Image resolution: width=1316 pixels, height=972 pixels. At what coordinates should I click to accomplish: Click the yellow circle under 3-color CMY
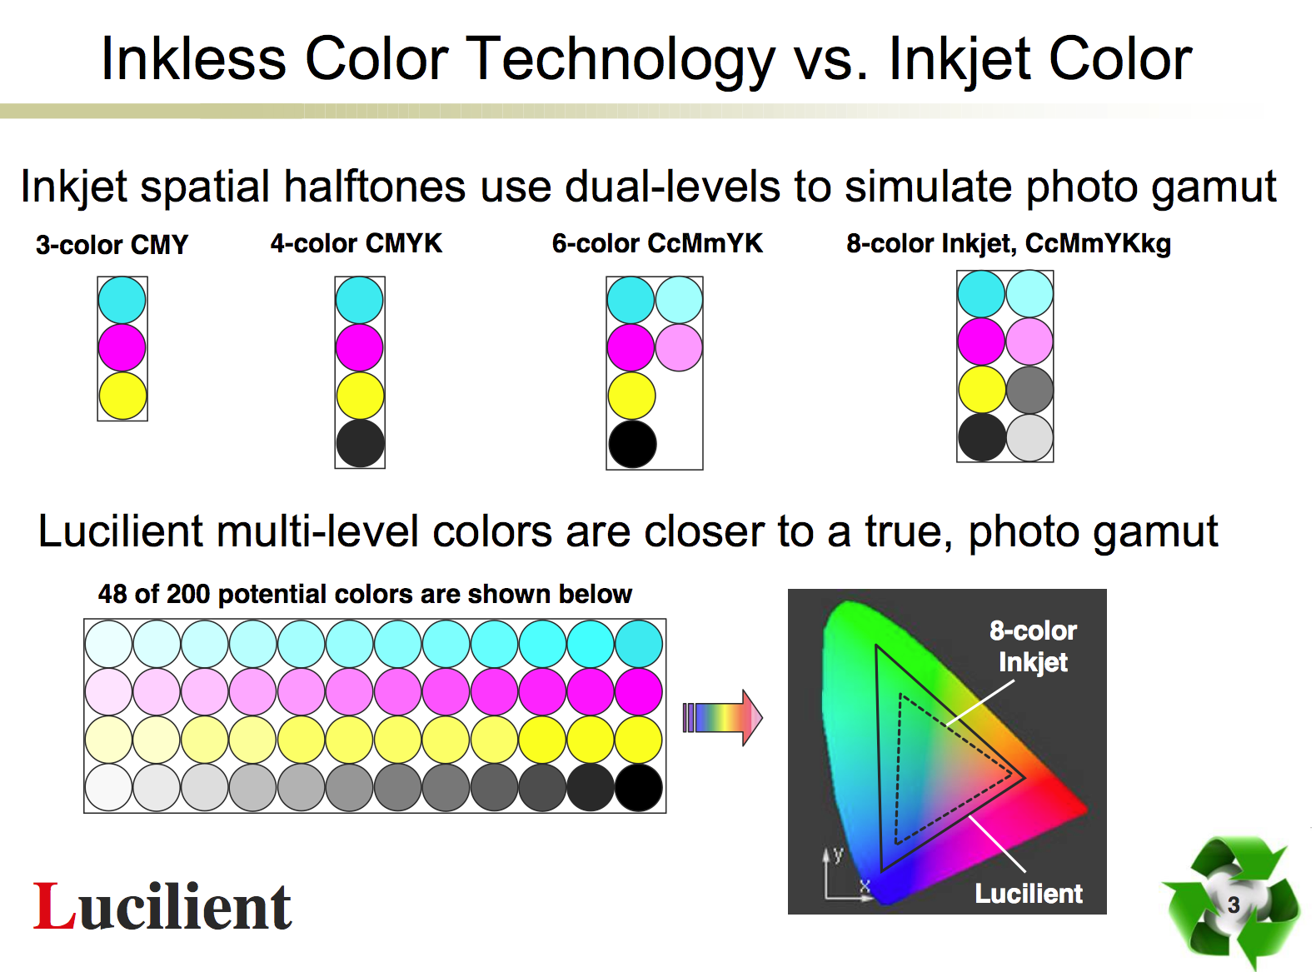pyautogui.click(x=122, y=395)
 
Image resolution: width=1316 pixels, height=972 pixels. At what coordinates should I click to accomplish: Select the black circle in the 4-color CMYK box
pyautogui.click(x=360, y=443)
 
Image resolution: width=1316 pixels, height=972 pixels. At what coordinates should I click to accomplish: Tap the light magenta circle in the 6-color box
pyautogui.click(x=679, y=347)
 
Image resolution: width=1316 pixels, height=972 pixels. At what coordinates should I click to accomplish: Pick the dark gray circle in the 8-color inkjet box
pyautogui.click(x=1029, y=389)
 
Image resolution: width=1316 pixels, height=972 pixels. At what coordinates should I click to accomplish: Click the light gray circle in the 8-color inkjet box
pyautogui.click(x=1029, y=437)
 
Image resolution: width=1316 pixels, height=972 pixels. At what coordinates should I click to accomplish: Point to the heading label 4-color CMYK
pyautogui.click(x=356, y=243)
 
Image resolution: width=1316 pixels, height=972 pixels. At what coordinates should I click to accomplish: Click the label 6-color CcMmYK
pyautogui.click(x=657, y=243)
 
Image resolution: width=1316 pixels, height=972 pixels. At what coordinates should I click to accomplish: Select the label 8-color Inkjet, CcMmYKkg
pyautogui.click(x=1008, y=244)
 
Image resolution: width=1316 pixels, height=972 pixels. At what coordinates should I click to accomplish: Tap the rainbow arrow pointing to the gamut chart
pyautogui.click(x=722, y=717)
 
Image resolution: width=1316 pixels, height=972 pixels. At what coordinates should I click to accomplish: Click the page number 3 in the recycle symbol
pyautogui.click(x=1233, y=905)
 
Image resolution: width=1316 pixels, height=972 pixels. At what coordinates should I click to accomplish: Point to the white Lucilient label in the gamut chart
pyautogui.click(x=1029, y=893)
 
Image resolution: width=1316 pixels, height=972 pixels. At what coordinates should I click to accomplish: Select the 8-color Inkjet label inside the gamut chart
pyautogui.click(x=1032, y=646)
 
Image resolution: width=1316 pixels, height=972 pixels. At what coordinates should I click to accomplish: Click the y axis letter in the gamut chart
pyautogui.click(x=838, y=855)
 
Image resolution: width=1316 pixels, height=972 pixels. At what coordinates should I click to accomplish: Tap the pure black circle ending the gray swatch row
pyautogui.click(x=638, y=787)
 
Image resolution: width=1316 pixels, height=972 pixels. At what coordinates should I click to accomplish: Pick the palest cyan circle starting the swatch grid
pyautogui.click(x=108, y=643)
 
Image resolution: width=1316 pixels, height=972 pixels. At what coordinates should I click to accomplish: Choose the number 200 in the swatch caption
pyautogui.click(x=188, y=593)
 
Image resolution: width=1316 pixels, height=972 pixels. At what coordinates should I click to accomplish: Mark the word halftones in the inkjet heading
pyautogui.click(x=374, y=187)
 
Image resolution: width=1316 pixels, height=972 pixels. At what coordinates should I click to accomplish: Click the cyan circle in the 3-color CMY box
pyautogui.click(x=122, y=300)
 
